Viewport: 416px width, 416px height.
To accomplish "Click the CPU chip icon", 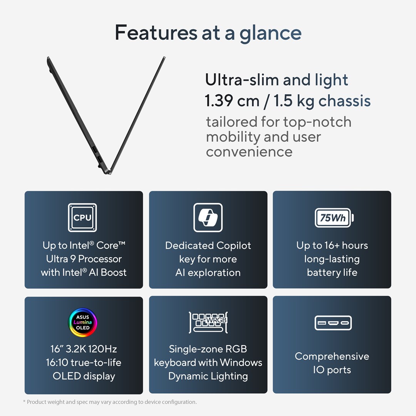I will [x=82, y=218].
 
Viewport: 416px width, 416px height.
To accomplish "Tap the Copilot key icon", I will [x=208, y=218].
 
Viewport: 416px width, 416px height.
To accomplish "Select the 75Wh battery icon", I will [x=334, y=218].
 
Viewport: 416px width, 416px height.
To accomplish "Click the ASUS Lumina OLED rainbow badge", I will [x=82, y=322].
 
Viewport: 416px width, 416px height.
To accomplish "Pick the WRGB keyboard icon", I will [x=208, y=322].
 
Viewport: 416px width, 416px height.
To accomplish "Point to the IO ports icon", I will [x=333, y=323].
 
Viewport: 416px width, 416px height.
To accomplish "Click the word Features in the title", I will [x=156, y=33].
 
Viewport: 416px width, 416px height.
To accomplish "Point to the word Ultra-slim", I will [x=242, y=80].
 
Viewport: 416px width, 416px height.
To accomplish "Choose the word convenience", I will [x=249, y=151].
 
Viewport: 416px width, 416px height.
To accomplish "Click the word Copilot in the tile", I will [x=229, y=246].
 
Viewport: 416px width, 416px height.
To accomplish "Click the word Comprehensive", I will [x=332, y=356].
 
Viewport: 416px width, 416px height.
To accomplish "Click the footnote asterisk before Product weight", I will [x=24, y=401].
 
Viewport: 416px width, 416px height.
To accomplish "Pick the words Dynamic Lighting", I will [x=208, y=376].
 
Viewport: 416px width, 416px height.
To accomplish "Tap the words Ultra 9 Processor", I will [x=84, y=259].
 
